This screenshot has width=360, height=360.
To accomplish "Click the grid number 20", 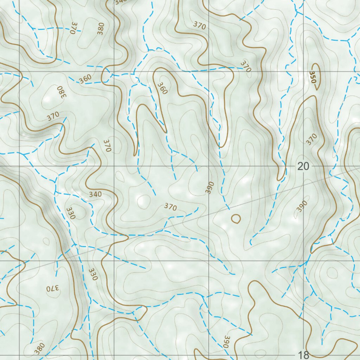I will coord(303,166).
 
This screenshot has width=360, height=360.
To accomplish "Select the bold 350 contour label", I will coord(313,77).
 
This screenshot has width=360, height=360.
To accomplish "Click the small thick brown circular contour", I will coord(236,219).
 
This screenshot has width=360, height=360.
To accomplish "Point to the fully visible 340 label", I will coord(95,194).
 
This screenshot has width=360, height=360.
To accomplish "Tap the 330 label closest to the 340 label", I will coord(70,213).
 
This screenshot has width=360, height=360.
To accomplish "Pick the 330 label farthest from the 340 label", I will coord(92,274).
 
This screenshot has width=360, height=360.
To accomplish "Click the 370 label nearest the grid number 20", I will coord(311,139).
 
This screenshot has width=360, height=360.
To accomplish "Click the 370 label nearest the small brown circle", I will coord(170,207).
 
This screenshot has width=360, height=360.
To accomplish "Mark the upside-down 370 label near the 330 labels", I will coord(53,289).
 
